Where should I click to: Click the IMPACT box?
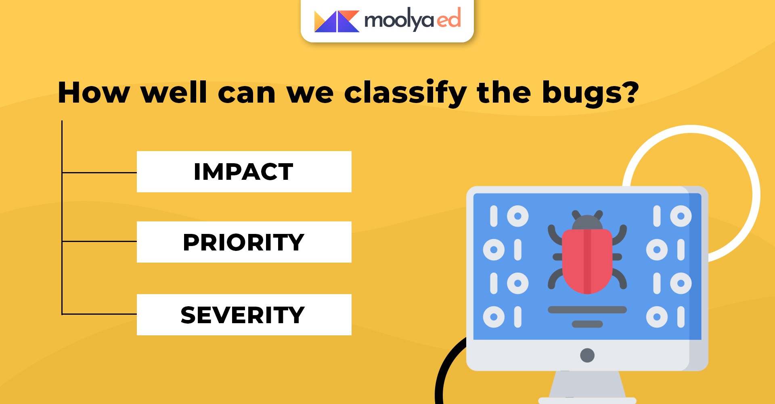coord(244,172)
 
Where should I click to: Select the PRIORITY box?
coord(244,242)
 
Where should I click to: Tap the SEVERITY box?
coord(244,315)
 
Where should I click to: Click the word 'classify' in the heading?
coord(405,94)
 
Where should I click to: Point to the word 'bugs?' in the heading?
coord(591,94)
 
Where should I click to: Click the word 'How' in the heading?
coord(94,93)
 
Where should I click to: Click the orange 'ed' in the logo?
coord(449,19)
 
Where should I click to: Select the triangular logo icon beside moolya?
coord(337,21)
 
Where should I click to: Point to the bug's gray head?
coord(587,223)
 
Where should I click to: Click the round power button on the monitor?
coord(587,355)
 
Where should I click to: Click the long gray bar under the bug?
coord(587,310)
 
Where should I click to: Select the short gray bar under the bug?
coord(587,324)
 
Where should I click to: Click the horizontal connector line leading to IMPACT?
coord(99,173)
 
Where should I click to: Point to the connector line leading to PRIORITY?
coord(99,241)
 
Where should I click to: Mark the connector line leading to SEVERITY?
coord(99,314)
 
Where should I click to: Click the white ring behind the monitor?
coord(756,194)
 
